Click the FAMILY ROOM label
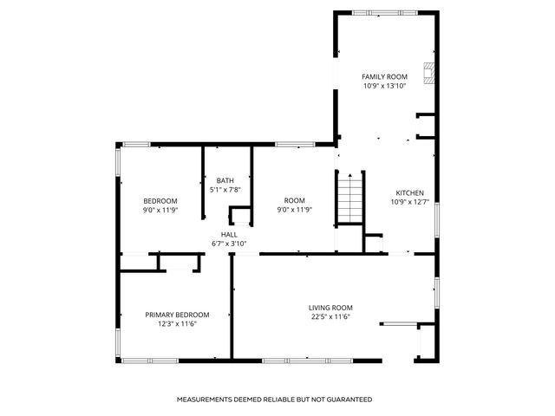[384, 77]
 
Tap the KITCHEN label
[409, 192]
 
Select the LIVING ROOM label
[330, 308]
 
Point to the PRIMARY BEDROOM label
[177, 315]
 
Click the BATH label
[225, 180]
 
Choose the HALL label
[229, 234]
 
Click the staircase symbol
[348, 198]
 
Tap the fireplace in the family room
[427, 71]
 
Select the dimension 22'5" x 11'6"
[330, 317]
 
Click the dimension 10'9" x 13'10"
[384, 87]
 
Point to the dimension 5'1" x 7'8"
[225, 190]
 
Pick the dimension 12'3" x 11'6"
[177, 324]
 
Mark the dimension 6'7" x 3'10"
[229, 244]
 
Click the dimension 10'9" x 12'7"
[409, 203]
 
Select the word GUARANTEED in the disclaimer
[350, 400]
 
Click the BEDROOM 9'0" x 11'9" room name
[160, 200]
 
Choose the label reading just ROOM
[294, 200]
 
